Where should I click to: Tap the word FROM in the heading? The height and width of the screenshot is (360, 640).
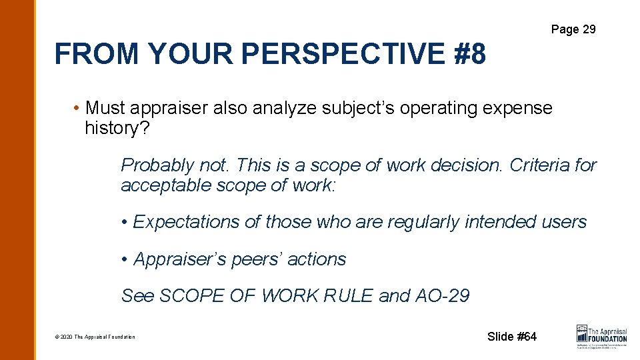(96, 53)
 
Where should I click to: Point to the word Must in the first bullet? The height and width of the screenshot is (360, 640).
(106, 107)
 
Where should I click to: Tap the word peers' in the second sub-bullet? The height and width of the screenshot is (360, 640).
(259, 259)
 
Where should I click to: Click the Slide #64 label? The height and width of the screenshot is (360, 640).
(511, 337)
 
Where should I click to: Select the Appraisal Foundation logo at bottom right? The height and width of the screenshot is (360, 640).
(601, 335)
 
